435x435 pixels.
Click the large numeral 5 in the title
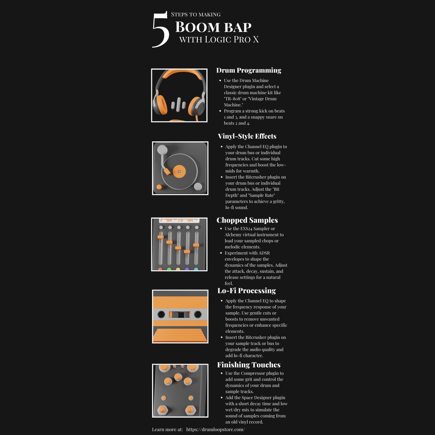coord(160,30)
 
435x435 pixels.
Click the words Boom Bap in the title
coord(213,27)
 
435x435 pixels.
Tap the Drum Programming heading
coord(249,70)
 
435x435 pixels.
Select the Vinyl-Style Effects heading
coord(247,136)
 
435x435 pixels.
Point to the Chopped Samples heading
coord(247,220)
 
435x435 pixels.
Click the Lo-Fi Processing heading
coord(246,290)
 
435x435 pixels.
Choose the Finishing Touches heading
coord(249,365)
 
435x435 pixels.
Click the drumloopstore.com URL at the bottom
coord(215,429)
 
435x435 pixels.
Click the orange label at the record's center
coord(179,171)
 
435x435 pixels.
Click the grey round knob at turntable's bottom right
coord(198,186)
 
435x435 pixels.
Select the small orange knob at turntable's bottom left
coord(159,187)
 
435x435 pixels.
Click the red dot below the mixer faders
coord(160,269)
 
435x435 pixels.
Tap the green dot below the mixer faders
coord(169,269)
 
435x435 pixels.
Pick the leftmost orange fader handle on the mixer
coord(160,237)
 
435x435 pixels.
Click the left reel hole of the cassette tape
coord(161,314)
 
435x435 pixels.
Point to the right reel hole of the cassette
coord(198,314)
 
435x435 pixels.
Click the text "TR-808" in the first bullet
coord(231,99)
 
